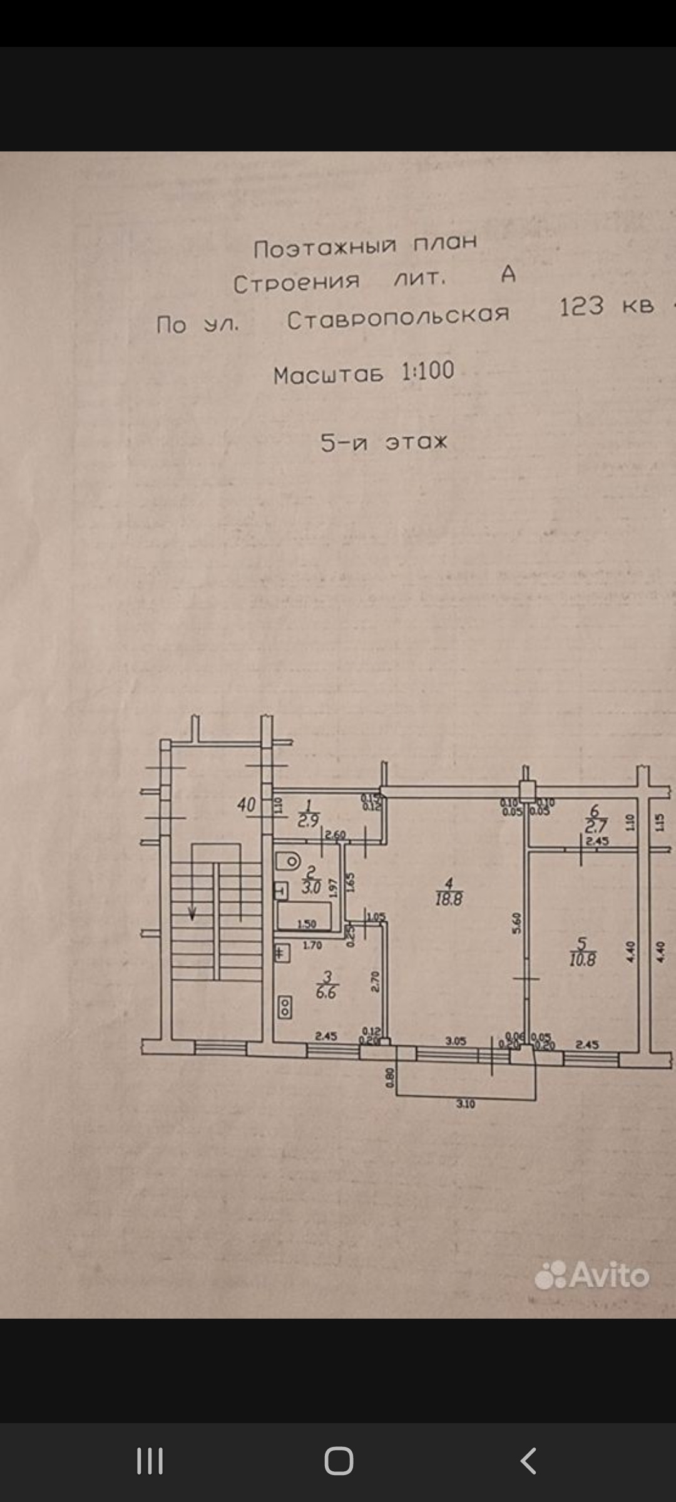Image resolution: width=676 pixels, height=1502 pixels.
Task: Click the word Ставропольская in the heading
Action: tap(398, 317)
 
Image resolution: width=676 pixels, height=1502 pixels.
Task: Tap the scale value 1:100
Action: tap(428, 371)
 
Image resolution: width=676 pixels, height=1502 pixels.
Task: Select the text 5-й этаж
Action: tap(384, 442)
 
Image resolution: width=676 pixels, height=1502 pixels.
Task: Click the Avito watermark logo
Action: tap(592, 1275)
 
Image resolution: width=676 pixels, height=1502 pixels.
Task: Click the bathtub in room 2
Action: tap(305, 916)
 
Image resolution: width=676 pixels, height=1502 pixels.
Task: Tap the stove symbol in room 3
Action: tap(285, 1007)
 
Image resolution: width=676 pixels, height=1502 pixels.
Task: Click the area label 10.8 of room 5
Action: tap(582, 959)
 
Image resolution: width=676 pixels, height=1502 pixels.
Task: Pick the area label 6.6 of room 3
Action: tap(326, 992)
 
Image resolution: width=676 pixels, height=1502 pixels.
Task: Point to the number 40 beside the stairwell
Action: tap(247, 805)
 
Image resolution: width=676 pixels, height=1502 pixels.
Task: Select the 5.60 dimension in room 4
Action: tap(516, 923)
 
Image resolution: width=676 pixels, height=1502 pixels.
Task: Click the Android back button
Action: tap(528, 1461)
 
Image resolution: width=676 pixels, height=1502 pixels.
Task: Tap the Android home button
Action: tap(339, 1461)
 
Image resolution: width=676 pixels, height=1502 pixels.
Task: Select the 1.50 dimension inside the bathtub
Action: tap(307, 924)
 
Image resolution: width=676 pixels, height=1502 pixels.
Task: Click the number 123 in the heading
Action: tap(581, 307)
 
